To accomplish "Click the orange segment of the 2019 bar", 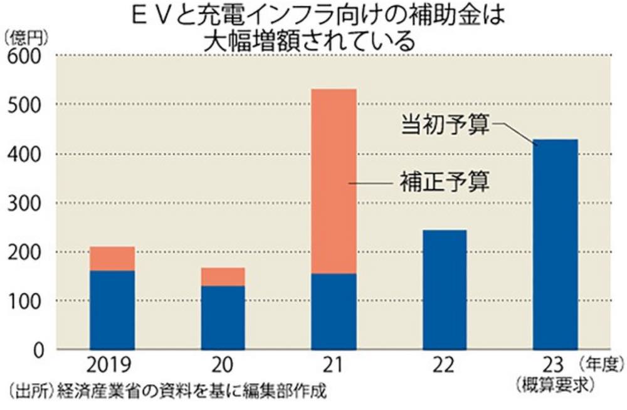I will click(x=112, y=258).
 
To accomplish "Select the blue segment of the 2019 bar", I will click(x=112, y=310).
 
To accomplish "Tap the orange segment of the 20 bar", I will click(x=223, y=276).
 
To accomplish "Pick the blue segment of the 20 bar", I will click(x=223, y=317).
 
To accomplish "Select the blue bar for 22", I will click(x=445, y=289).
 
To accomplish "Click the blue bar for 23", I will click(x=555, y=244).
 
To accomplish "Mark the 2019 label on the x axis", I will click(x=112, y=365).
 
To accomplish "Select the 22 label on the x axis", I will click(x=445, y=365).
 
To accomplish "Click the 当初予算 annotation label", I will click(x=446, y=125).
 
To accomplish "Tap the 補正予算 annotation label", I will click(x=445, y=183).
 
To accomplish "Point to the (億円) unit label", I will click(x=25, y=38).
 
